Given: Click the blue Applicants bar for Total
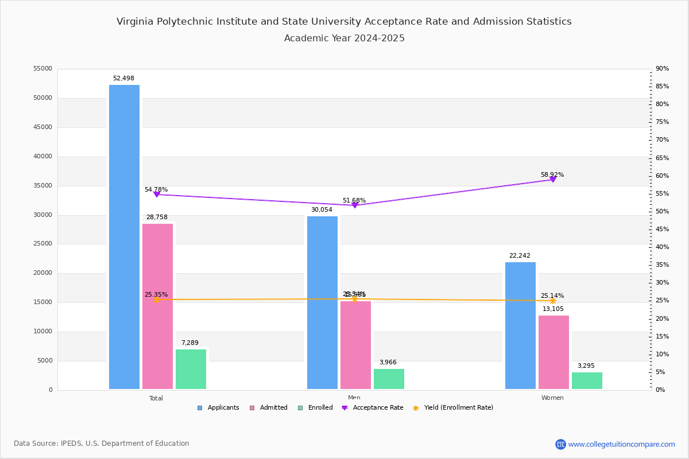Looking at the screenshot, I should tap(124, 237).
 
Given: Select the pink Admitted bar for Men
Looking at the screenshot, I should tap(355, 345).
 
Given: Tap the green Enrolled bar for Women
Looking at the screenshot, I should tap(587, 380).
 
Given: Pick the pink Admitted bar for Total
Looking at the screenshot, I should tap(157, 306).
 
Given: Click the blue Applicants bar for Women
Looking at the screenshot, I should tap(520, 325).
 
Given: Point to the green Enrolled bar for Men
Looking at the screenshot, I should tap(389, 379).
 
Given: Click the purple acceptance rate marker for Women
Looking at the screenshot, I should tap(553, 180).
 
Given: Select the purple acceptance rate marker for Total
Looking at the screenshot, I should tap(156, 195).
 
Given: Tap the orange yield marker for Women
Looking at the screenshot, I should tap(553, 301).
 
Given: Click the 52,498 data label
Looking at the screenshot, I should tap(123, 79).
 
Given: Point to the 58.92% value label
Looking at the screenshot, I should tap(552, 175).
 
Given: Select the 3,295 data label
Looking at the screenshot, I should tap(586, 366).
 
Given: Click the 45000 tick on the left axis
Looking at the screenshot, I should tap(43, 127).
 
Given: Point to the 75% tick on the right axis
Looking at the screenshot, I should tap(661, 122).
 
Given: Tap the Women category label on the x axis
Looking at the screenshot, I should tap(552, 398).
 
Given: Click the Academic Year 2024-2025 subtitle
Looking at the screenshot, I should tap(344, 38).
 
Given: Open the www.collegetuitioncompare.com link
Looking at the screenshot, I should tap(621, 444).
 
